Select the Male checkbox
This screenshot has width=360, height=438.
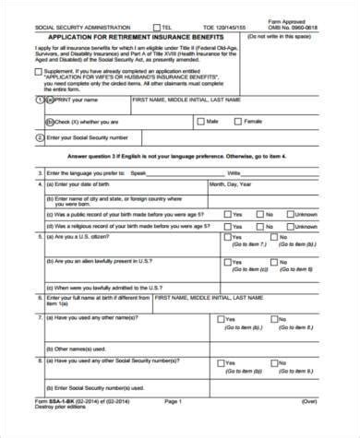coord(203,121)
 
